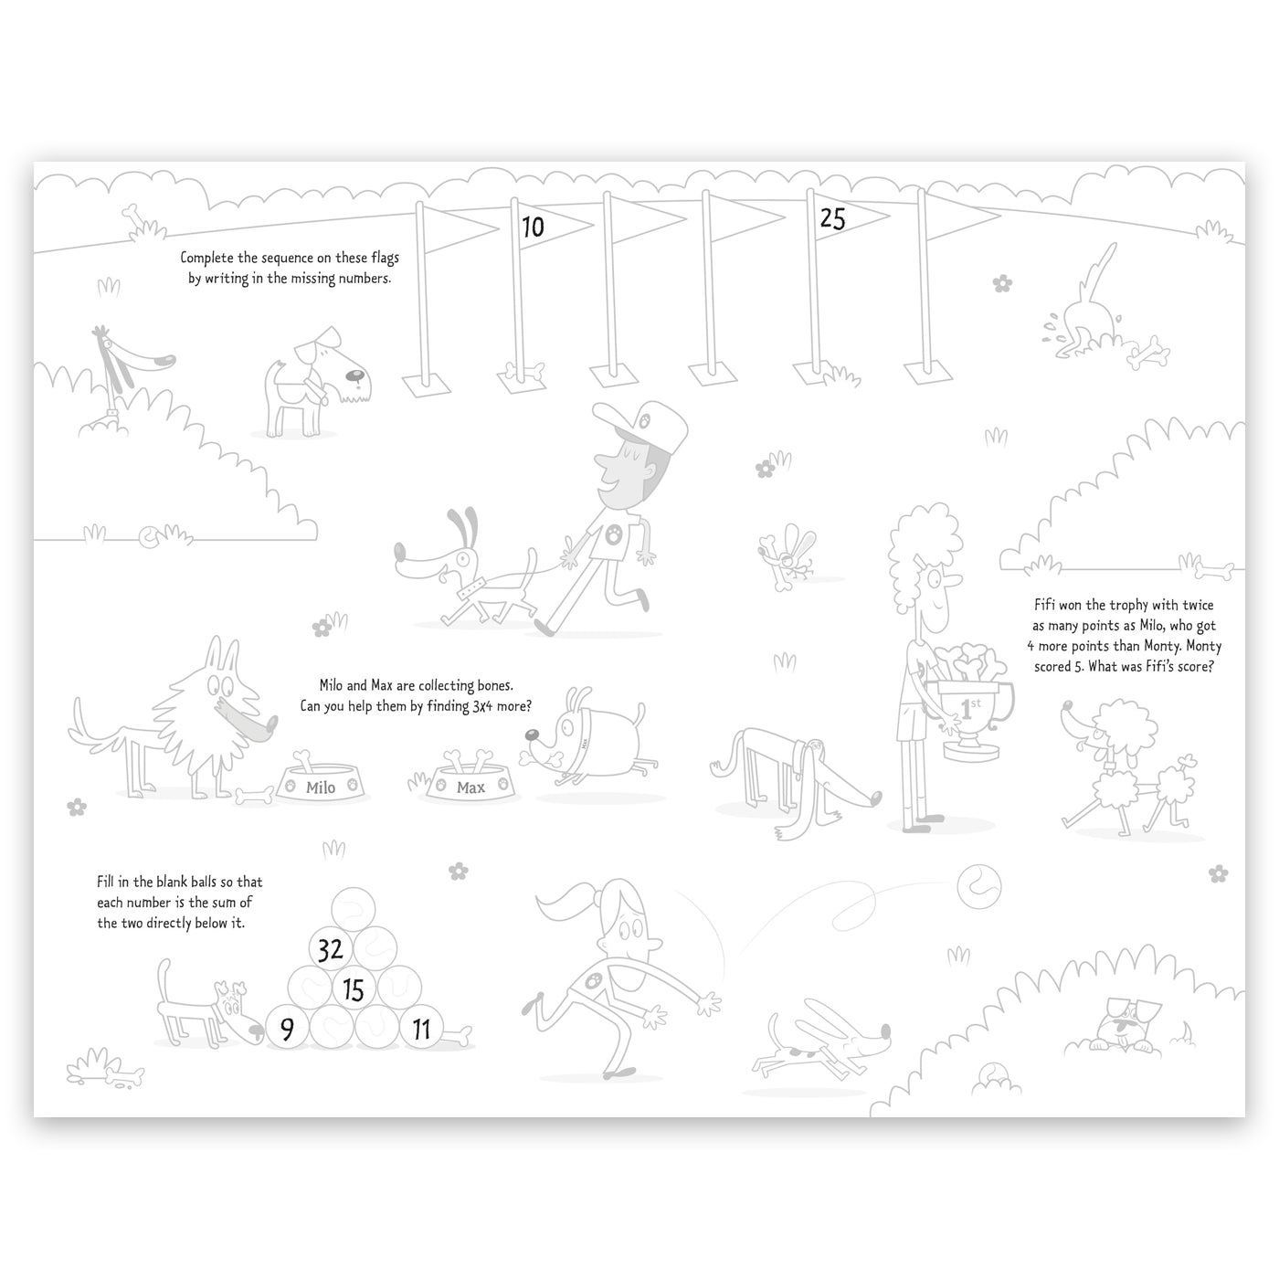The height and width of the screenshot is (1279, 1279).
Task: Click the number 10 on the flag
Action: pyautogui.click(x=533, y=227)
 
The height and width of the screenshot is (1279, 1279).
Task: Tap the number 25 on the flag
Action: pyautogui.click(x=832, y=219)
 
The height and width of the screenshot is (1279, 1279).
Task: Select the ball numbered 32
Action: pyautogui.click(x=331, y=950)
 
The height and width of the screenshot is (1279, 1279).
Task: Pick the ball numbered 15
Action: pyautogui.click(x=354, y=990)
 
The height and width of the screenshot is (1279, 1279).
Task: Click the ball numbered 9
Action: pyautogui.click(x=288, y=1029)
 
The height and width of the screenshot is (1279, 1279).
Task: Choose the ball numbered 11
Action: pyautogui.click(x=421, y=1030)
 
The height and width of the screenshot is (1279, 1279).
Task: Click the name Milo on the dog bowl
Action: pyautogui.click(x=321, y=787)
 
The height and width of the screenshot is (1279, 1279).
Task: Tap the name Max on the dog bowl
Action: pyautogui.click(x=470, y=787)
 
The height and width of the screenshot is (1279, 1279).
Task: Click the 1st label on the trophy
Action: pyautogui.click(x=970, y=707)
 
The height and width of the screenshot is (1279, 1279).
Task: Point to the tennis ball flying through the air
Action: pyautogui.click(x=979, y=887)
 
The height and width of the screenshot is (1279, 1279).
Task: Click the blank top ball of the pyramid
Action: pyautogui.click(x=354, y=909)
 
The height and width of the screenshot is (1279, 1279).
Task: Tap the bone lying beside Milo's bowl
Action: pyautogui.click(x=254, y=795)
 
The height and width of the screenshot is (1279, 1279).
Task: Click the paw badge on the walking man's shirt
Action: pyautogui.click(x=615, y=533)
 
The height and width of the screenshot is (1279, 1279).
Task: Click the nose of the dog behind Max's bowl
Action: pyautogui.click(x=533, y=735)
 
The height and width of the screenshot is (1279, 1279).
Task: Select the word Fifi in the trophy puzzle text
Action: pyautogui.click(x=1045, y=605)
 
